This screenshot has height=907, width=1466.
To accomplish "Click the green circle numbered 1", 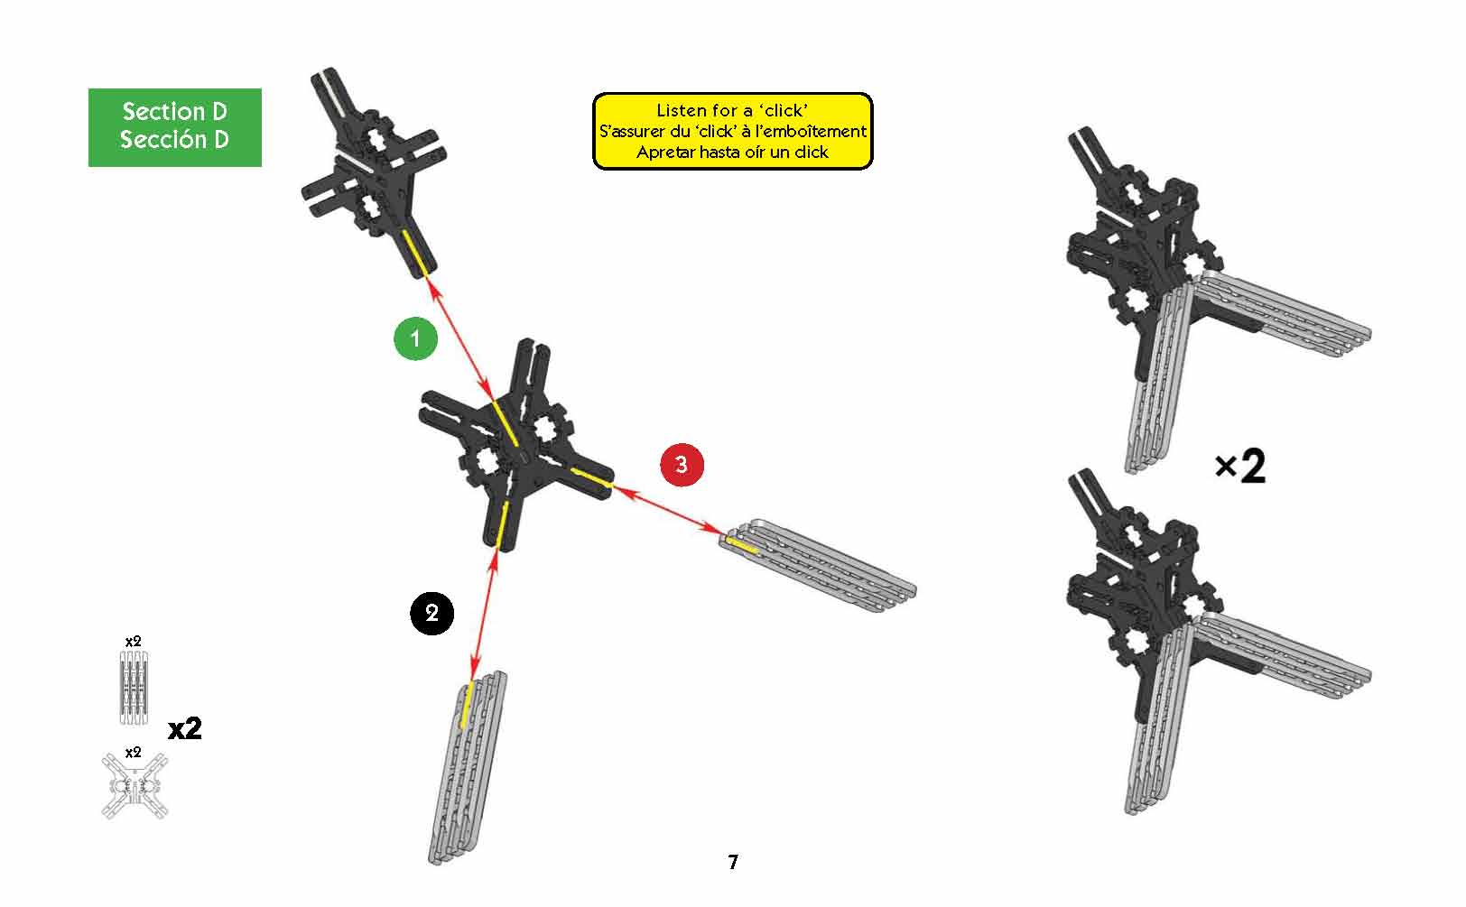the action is click(415, 338).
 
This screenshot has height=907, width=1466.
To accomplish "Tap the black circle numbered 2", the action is click(431, 613).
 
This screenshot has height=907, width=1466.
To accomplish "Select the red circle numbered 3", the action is click(682, 465).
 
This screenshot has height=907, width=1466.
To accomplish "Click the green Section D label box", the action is click(175, 127).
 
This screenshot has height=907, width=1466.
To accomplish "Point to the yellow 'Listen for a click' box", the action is click(732, 131).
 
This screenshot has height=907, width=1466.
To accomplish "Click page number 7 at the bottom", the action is click(733, 862).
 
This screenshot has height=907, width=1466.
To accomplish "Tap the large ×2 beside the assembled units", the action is click(1240, 467).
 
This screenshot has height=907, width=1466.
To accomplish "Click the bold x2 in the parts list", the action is click(184, 728).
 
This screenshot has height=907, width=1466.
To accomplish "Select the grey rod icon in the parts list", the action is click(134, 688).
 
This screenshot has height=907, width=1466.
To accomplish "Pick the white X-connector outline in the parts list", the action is click(135, 786).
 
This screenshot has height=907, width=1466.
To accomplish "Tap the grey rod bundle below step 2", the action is click(468, 768).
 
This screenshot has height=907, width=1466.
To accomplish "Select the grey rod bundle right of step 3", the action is click(818, 565).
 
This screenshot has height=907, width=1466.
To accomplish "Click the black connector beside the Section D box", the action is click(374, 172).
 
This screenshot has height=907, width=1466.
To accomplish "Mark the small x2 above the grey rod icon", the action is click(134, 642).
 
